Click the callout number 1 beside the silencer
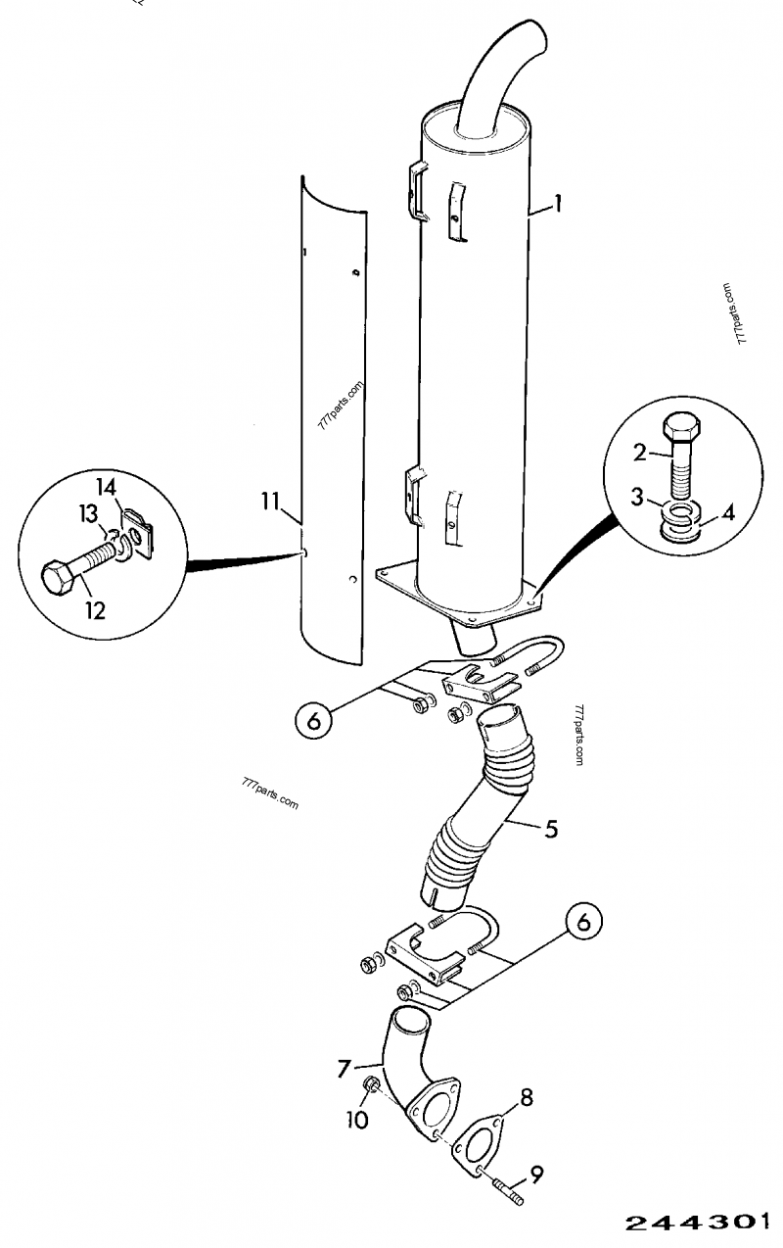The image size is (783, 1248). [557, 204]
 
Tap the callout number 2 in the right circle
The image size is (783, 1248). [640, 453]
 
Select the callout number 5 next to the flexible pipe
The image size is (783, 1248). [550, 844]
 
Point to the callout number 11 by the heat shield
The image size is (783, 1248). [270, 502]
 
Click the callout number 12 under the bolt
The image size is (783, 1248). [96, 611]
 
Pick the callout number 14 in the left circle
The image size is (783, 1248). [107, 488]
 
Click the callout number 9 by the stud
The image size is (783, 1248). [536, 1175]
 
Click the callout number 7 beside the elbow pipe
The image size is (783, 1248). [344, 1069]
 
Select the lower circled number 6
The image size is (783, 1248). [583, 923]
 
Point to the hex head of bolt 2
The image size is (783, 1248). [681, 428]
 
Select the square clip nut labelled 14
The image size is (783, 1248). [138, 532]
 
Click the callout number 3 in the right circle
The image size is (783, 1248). [638, 497]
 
